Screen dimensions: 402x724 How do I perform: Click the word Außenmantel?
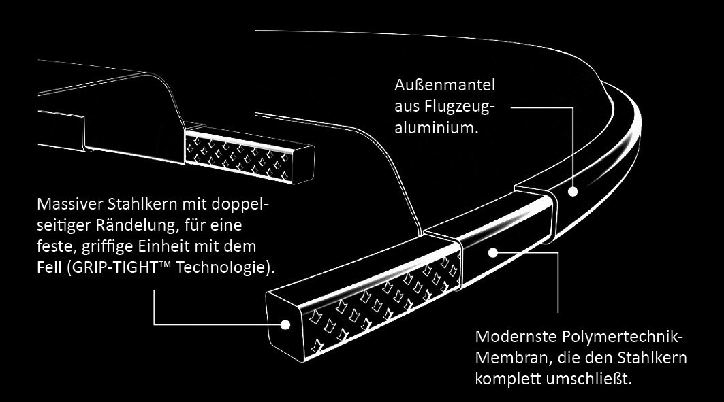[x=444, y=86]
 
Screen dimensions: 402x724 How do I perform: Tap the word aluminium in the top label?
[x=433, y=127]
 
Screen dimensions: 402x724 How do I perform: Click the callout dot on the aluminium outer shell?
[x=573, y=192]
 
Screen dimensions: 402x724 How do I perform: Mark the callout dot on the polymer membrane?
[x=493, y=253]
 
